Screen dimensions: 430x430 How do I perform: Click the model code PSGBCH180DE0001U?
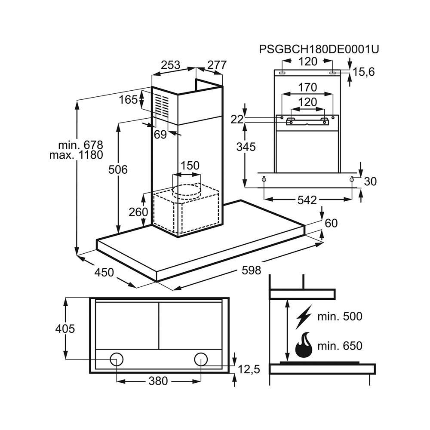(319, 49)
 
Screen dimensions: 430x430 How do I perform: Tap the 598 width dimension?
(251, 270)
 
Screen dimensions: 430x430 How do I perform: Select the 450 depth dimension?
(104, 272)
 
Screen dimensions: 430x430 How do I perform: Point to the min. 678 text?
(81, 144)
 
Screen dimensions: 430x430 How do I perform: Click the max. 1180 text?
(76, 155)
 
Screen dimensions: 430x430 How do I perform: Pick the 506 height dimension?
(118, 170)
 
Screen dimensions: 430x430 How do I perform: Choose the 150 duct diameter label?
(190, 166)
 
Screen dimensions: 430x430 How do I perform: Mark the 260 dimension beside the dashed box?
(138, 212)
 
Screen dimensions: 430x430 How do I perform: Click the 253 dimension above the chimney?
(170, 65)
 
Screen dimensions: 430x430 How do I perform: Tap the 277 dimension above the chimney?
(217, 65)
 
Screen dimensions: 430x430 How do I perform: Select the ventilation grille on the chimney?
(162, 106)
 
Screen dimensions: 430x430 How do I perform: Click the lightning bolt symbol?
(304, 318)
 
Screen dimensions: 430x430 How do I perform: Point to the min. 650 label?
(340, 346)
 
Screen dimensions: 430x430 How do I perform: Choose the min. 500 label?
(340, 317)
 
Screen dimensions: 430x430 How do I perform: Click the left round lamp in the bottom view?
(117, 359)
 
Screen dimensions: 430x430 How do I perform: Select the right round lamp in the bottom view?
(200, 359)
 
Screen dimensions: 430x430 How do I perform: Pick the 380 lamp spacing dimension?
(158, 381)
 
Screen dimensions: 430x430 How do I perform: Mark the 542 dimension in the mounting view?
(307, 200)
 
